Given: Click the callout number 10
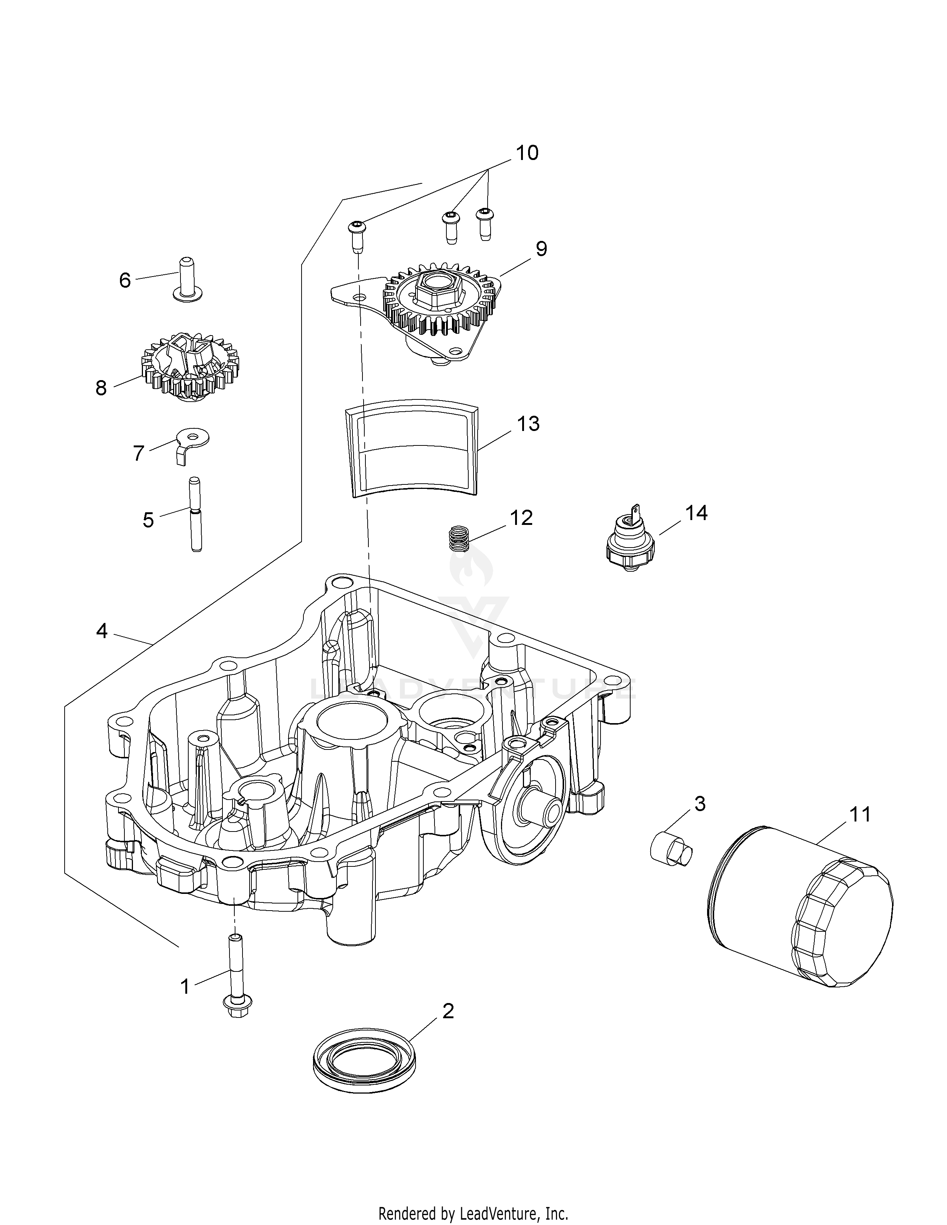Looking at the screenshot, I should click(527, 153).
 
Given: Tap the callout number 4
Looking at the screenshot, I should click(101, 631).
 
